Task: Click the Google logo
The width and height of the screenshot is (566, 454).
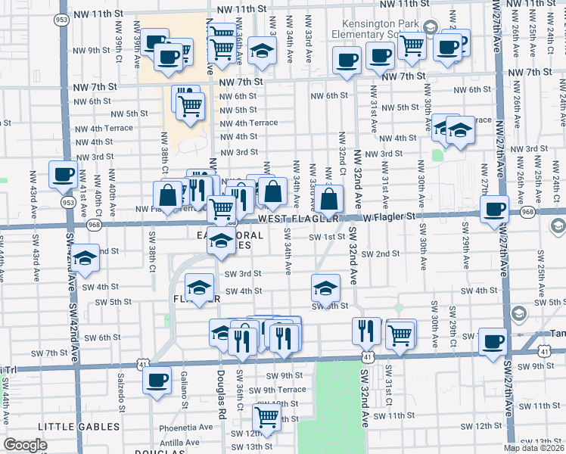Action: pyautogui.click(x=26, y=445)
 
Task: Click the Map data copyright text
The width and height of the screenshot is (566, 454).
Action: pyautogui.click(x=535, y=448)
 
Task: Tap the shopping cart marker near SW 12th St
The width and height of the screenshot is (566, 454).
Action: pyautogui.click(x=266, y=415)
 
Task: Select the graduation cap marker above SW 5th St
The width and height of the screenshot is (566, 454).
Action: pyautogui.click(x=325, y=288)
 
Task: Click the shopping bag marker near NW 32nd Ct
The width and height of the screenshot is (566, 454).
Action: pyautogui.click(x=330, y=200)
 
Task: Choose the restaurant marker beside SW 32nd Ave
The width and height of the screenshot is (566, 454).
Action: pyautogui.click(x=366, y=331)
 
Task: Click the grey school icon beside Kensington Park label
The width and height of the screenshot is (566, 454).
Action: pyautogui.click(x=430, y=28)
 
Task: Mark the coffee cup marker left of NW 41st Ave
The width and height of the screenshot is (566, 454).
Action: pyautogui.click(x=63, y=174)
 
